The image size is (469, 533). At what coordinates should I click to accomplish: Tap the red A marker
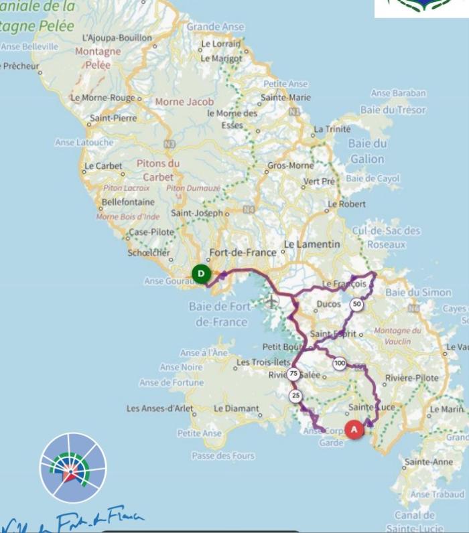click(x=354, y=429)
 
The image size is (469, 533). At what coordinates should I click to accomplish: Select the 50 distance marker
click(x=356, y=305)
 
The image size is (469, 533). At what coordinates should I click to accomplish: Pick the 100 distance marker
click(x=340, y=364)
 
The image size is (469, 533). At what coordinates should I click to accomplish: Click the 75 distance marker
click(x=293, y=374)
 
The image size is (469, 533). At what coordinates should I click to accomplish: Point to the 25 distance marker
click(x=295, y=396)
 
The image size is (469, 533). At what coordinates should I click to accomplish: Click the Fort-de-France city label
click(x=243, y=252)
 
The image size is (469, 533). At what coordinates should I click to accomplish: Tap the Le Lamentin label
click(x=312, y=244)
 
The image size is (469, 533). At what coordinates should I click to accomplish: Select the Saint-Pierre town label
click(x=113, y=118)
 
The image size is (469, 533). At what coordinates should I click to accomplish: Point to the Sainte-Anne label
click(x=428, y=462)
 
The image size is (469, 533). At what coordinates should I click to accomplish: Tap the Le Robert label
click(x=346, y=204)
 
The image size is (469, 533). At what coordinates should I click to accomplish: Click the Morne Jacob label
click(x=184, y=102)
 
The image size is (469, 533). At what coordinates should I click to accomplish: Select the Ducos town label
click(x=328, y=303)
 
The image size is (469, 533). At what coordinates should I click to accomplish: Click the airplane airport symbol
click(x=271, y=301)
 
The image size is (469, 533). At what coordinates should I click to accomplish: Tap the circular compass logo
click(x=73, y=467)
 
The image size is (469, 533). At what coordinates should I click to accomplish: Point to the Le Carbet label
click(x=103, y=165)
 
